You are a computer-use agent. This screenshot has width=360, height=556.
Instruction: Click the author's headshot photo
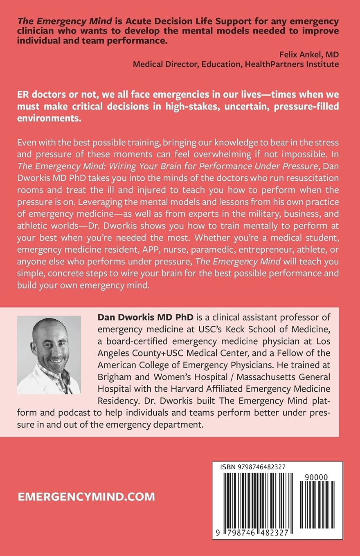pos(49,355)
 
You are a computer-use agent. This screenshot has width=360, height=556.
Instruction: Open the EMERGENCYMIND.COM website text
pos(87,497)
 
